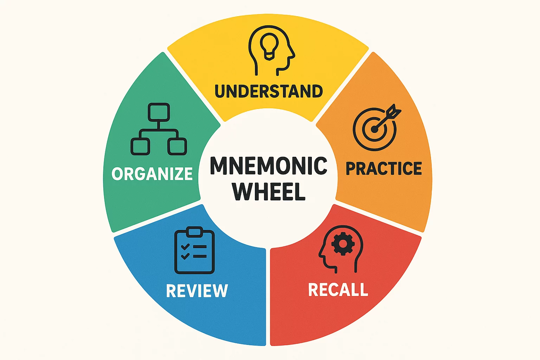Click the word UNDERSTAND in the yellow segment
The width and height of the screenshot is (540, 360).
[269, 91]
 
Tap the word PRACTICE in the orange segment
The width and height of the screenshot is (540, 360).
[384, 169]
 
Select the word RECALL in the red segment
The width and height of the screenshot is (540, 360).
[338, 290]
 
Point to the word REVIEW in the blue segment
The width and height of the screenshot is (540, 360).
[197, 291]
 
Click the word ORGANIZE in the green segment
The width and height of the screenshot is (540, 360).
[152, 174]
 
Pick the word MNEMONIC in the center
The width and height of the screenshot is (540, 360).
[269, 166]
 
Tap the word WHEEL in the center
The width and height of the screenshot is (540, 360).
[269, 192]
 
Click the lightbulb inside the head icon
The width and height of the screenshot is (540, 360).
[269, 46]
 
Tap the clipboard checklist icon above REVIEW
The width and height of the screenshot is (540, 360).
[194, 251]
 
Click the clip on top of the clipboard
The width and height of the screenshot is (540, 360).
[194, 232]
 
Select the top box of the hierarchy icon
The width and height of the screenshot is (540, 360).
[159, 112]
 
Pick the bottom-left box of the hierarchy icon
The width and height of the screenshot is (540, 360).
[140, 146]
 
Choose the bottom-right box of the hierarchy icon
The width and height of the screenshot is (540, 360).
[177, 146]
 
